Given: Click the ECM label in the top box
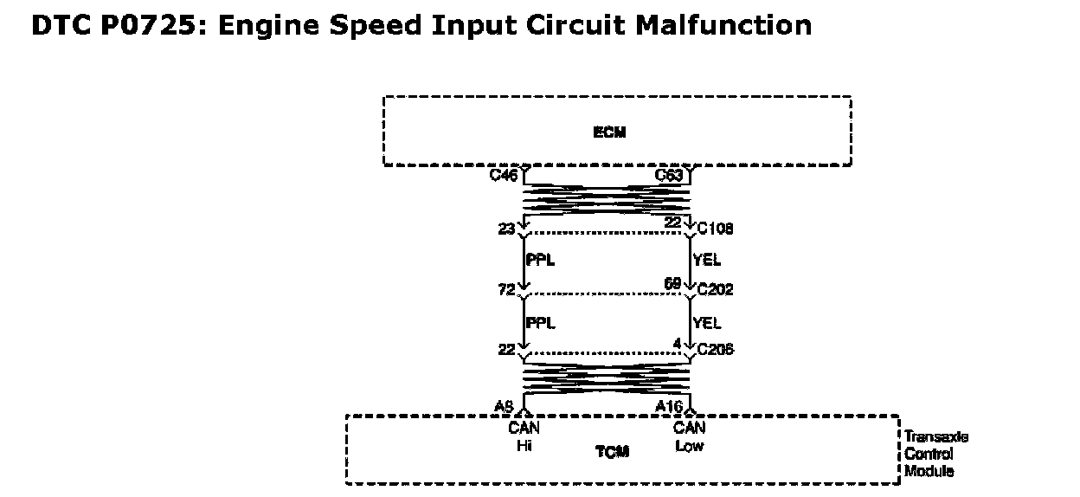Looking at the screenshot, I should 609,132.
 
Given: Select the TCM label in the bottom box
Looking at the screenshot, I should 612,452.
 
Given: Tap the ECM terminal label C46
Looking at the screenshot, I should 503,176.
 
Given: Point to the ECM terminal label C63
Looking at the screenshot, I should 669,176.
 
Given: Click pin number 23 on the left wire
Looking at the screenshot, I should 506,229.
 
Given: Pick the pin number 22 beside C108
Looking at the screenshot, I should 673,223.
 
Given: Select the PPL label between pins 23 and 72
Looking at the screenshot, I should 540,260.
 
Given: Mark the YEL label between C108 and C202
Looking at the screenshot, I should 707,260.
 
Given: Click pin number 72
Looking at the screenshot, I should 506,289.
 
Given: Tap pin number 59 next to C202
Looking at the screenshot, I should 673,284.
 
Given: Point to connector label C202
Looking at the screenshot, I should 715,289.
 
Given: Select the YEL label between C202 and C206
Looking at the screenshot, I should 707,323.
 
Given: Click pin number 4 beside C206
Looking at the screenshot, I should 677,344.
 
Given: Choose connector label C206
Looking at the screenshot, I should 715,350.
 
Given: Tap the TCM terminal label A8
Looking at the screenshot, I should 504,406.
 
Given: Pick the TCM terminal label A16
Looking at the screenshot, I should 669,406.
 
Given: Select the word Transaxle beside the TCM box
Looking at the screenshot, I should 936,436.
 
